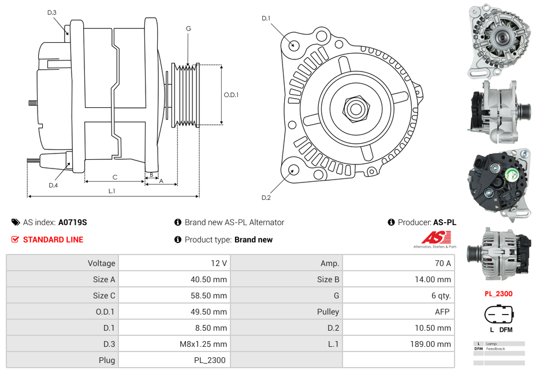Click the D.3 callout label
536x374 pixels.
click(52, 13)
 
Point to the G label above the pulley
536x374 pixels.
click(188, 29)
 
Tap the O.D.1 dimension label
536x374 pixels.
click(231, 95)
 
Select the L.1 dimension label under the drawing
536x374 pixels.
click(112, 190)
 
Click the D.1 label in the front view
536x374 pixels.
click(266, 18)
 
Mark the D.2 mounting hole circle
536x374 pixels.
click(293, 170)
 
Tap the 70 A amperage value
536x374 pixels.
click(442, 263)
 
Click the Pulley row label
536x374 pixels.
click(328, 312)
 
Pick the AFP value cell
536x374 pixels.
click(442, 312)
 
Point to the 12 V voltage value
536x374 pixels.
click(219, 263)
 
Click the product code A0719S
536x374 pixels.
click(72, 222)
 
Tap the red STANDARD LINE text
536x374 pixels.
click(53, 240)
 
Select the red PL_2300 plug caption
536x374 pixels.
click(498, 294)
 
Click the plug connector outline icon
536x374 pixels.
click(498, 315)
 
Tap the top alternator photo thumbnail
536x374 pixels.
click(498, 40)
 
